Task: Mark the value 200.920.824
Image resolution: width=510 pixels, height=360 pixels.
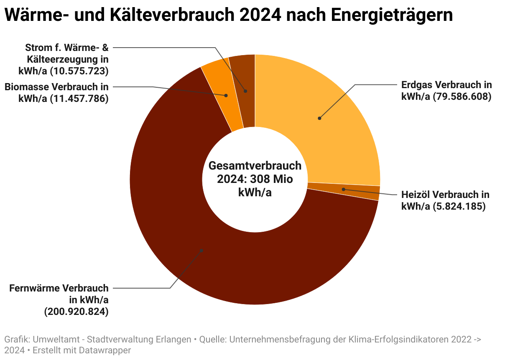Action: pyautogui.click(x=76, y=312)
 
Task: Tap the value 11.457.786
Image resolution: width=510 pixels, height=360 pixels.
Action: pyautogui.click(x=79, y=99)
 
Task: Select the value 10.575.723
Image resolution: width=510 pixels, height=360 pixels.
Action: pyautogui.click(x=79, y=71)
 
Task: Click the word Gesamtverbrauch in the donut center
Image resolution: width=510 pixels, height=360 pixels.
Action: pyautogui.click(x=255, y=166)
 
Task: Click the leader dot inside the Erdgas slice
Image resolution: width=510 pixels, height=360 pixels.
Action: pyautogui.click(x=319, y=118)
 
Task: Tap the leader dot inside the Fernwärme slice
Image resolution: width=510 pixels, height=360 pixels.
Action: pyautogui.click(x=201, y=250)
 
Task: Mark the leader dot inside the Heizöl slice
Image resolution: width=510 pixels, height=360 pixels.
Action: pyautogui.click(x=344, y=189)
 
